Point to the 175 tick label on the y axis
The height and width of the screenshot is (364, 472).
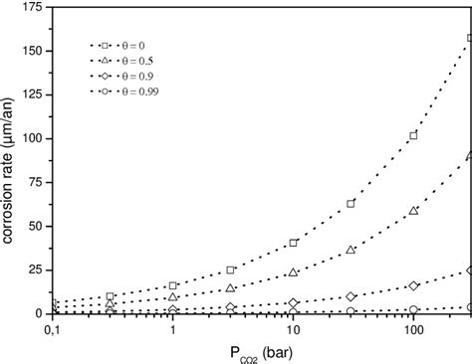(x=30, y=7)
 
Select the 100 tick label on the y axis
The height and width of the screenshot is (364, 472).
(x=30, y=138)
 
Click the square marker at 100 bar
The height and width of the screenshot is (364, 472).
(x=413, y=135)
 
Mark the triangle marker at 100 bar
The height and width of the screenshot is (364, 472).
(x=413, y=211)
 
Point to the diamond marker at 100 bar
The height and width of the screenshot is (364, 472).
(x=413, y=285)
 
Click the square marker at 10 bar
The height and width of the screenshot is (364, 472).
(x=293, y=243)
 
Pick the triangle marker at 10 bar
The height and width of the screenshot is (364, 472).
(x=293, y=272)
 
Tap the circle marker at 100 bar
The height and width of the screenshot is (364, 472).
(x=413, y=308)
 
